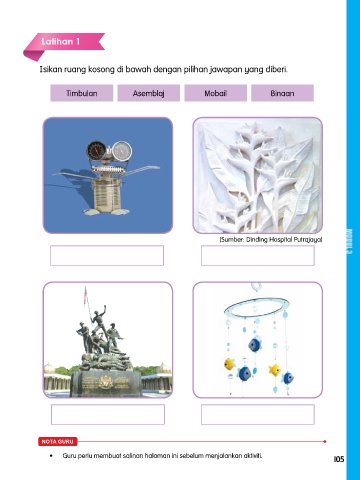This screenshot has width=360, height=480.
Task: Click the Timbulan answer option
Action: pos(82,93)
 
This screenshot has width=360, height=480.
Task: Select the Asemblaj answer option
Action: pos(149,93)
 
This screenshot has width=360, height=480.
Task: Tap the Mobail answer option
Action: pos(216,93)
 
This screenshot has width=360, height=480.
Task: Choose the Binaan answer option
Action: pos(282,93)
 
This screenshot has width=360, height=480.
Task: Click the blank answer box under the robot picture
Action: pos(107,256)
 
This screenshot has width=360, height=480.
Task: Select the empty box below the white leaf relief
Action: pos(258,256)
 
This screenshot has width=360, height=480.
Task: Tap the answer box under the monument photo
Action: pos(108,414)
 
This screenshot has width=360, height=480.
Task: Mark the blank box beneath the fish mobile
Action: pos(258,414)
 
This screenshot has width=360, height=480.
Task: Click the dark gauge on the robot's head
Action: pos(97,151)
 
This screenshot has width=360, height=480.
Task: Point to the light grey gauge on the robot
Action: pos(122,151)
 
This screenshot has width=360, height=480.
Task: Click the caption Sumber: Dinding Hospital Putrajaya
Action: pos(271,239)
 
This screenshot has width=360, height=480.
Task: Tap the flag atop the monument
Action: pos(85,295)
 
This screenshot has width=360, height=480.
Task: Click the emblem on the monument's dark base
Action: pos(105,381)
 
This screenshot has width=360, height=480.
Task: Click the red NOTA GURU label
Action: pos(58,441)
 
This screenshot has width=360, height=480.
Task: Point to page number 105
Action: pos(339,459)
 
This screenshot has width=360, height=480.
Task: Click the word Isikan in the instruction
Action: pos(51,69)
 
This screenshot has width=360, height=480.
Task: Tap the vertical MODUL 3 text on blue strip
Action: pos(349,242)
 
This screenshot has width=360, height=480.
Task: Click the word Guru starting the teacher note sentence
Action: pos(69,455)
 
